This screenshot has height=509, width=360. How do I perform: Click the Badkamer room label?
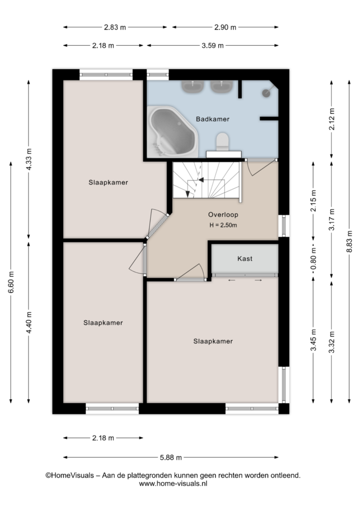[x=213, y=119]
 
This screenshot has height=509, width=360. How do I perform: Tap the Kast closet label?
[x=245, y=258]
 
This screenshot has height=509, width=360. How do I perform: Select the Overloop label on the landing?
[x=223, y=215]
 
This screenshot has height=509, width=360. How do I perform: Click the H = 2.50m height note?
[x=223, y=225]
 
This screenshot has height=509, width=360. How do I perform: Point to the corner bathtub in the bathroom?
[x=172, y=131]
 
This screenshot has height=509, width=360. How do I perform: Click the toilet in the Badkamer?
[x=223, y=142]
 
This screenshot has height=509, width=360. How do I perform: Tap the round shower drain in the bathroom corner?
[x=266, y=93]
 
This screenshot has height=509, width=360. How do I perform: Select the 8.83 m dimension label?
[x=349, y=242]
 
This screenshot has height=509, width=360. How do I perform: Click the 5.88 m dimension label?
[x=171, y=457]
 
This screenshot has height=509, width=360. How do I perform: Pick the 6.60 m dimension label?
[x=11, y=282]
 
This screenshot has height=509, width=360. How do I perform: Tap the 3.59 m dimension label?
[x=213, y=45]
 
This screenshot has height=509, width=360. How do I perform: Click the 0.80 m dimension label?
[x=313, y=258]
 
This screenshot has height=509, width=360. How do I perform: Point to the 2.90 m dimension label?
[x=225, y=27]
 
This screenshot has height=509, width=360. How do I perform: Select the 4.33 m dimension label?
[x=29, y=159]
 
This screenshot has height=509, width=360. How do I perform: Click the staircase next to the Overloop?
[x=206, y=180]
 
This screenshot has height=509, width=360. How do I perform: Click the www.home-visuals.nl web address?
[x=173, y=484]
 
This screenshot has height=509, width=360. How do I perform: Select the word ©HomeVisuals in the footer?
[x=70, y=476]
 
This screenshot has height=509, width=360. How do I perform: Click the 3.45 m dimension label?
[x=313, y=340]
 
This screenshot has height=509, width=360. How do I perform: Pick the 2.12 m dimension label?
[x=332, y=119]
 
